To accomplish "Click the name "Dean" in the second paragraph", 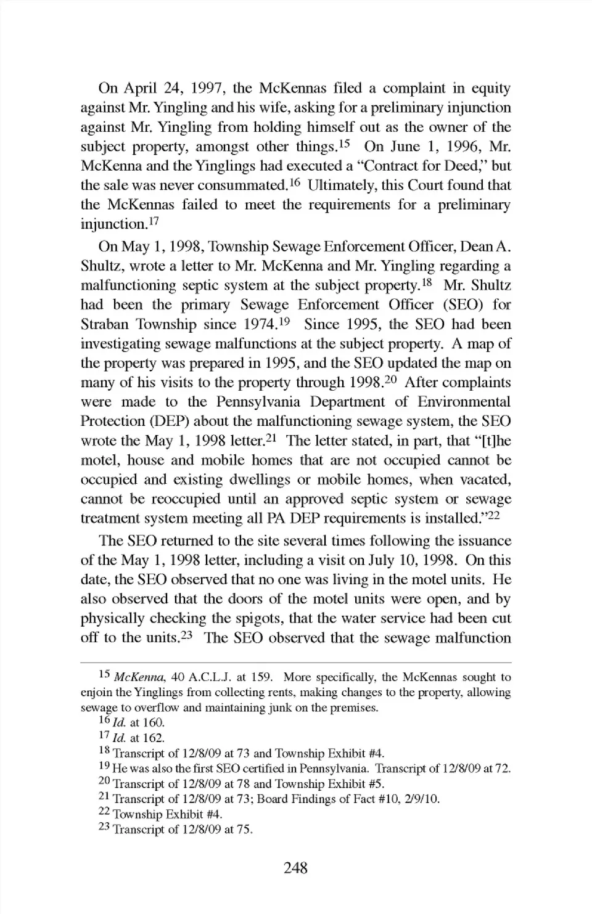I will tap(477, 247).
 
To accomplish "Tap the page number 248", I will tap(296, 868).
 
